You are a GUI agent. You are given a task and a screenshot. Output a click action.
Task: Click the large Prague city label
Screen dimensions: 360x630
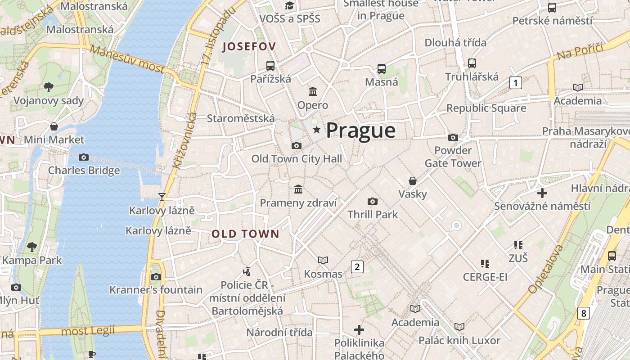[x=360, y=130]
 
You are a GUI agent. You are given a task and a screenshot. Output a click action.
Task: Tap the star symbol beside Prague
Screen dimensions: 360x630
[x=317, y=130]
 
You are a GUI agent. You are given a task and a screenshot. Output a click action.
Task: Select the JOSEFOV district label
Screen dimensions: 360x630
[x=249, y=46]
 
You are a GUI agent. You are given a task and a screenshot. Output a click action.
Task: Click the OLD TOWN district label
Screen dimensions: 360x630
[x=245, y=234]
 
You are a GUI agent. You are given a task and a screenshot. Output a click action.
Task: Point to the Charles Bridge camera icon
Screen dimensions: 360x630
[x=84, y=157]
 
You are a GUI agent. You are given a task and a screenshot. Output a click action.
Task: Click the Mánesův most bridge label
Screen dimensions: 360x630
[x=128, y=59]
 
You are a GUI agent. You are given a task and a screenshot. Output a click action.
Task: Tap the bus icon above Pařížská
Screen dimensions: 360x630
[x=270, y=66]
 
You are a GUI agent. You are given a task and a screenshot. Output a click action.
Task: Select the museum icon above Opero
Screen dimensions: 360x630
[x=313, y=92]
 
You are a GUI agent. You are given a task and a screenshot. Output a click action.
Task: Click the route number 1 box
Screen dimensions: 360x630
[x=516, y=83]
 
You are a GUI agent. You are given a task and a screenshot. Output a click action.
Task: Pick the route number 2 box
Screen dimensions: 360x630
[x=357, y=267]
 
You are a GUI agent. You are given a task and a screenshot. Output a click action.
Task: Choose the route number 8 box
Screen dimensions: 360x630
[x=583, y=313]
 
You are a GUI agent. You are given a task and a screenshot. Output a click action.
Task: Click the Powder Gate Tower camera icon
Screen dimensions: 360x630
[x=453, y=137]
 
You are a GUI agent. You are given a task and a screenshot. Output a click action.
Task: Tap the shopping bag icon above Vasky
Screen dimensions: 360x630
[x=413, y=181]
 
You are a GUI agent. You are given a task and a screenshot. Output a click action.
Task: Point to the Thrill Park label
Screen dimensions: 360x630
[x=373, y=215]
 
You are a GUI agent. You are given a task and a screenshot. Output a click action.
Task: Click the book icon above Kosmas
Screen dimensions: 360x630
[x=323, y=260]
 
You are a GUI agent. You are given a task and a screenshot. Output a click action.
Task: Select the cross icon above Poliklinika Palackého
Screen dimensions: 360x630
[x=359, y=330]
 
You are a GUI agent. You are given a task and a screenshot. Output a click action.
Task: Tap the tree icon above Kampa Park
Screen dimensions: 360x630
[x=32, y=247]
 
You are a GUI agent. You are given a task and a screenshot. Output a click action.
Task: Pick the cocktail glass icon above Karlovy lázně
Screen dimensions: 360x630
[x=162, y=197]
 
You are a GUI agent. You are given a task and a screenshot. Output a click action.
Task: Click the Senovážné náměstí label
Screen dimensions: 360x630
[x=542, y=206]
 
